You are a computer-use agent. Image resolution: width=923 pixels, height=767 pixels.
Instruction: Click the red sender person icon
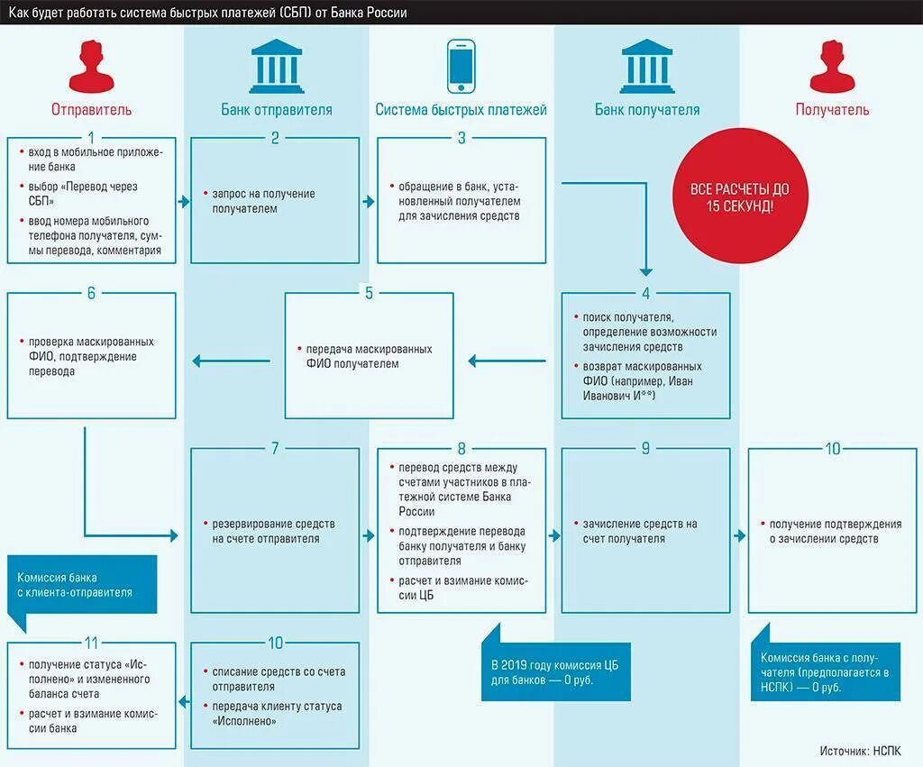91,66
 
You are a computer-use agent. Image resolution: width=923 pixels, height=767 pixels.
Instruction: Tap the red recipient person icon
831,66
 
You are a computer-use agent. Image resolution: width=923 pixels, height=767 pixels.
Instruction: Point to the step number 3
461,138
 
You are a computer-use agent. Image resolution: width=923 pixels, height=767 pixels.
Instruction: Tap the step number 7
276,448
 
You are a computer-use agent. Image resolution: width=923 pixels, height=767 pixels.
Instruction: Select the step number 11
91,643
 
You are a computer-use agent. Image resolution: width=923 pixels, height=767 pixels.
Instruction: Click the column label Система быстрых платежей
461,110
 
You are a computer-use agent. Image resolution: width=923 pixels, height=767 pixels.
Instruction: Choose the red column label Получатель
832,110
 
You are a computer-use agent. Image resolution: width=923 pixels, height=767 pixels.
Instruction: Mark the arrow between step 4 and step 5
507,361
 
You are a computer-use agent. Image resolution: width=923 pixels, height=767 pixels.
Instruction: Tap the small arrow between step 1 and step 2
184,201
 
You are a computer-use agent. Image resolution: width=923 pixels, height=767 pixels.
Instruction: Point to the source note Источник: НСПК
860,750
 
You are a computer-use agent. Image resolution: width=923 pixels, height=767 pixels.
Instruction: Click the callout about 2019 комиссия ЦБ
548,671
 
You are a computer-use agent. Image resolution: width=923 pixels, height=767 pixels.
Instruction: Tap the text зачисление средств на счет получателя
639,531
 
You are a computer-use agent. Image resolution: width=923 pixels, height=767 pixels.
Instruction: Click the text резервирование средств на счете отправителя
273,531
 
